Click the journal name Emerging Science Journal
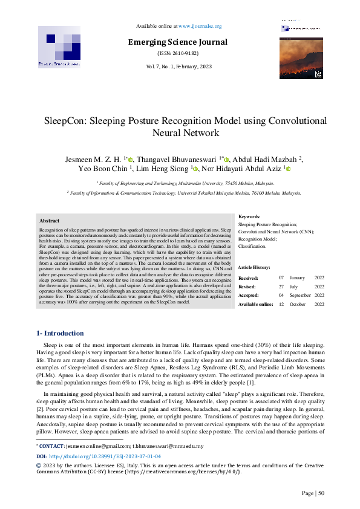177,42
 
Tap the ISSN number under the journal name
177,53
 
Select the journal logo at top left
59,47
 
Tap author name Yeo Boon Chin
101,169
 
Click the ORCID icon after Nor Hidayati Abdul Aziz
289,169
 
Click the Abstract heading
49,221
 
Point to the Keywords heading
249,216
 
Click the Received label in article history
249,277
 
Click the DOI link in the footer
97,473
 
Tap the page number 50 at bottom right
322,493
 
